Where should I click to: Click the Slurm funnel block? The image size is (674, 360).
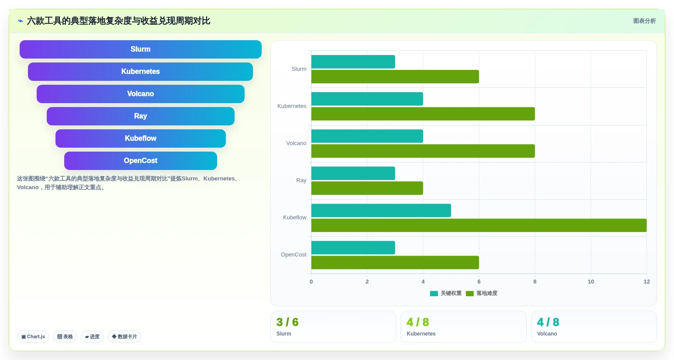click(141, 49)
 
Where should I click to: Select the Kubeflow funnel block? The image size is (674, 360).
click(141, 138)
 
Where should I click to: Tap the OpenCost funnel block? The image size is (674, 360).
click(141, 161)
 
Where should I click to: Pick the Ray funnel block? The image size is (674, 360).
click(141, 116)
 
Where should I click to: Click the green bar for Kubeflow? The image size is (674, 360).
click(479, 225)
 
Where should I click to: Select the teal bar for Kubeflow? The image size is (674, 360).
click(381, 211)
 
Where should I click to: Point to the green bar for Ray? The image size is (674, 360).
click(367, 188)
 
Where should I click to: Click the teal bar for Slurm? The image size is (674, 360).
click(353, 62)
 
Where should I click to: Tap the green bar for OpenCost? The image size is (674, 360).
click(395, 263)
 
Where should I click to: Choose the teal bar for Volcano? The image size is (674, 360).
click(367, 136)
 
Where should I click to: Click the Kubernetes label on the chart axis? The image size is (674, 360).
click(291, 106)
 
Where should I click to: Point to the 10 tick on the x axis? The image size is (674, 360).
click(591, 282)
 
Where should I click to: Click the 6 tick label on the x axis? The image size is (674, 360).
click(479, 282)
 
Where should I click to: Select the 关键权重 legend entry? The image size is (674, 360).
click(446, 294)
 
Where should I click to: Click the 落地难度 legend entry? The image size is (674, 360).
click(481, 294)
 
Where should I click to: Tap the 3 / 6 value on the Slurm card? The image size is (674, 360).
click(287, 322)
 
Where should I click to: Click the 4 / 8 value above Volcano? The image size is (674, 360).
click(548, 322)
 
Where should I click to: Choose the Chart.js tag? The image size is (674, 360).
click(33, 336)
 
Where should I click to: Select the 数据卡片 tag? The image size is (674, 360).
click(124, 336)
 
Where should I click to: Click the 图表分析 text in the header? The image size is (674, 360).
click(644, 21)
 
